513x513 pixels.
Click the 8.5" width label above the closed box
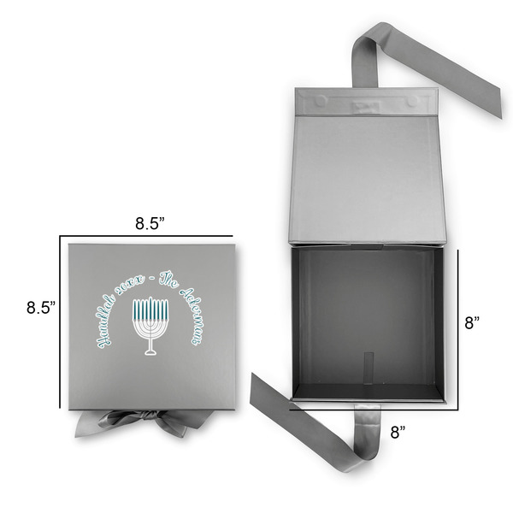click(150, 224)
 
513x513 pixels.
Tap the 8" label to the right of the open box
click(472, 323)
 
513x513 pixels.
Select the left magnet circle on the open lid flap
click(321, 101)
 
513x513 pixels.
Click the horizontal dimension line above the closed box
click(150, 236)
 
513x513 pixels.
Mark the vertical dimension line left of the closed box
click(60, 325)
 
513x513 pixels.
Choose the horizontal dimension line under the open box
click(376, 409)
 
